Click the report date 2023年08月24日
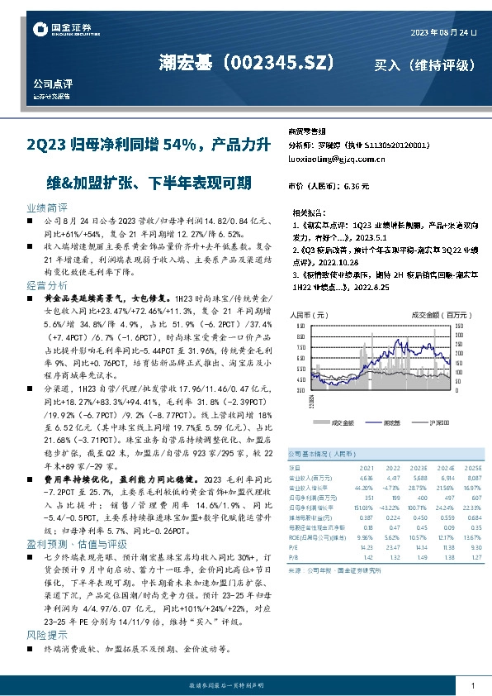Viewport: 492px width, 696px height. coord(443,31)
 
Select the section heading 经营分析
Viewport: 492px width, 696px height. coord(47,284)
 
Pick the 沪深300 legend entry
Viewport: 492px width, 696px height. coord(437,422)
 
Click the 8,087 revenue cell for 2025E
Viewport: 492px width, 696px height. coord(473,477)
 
